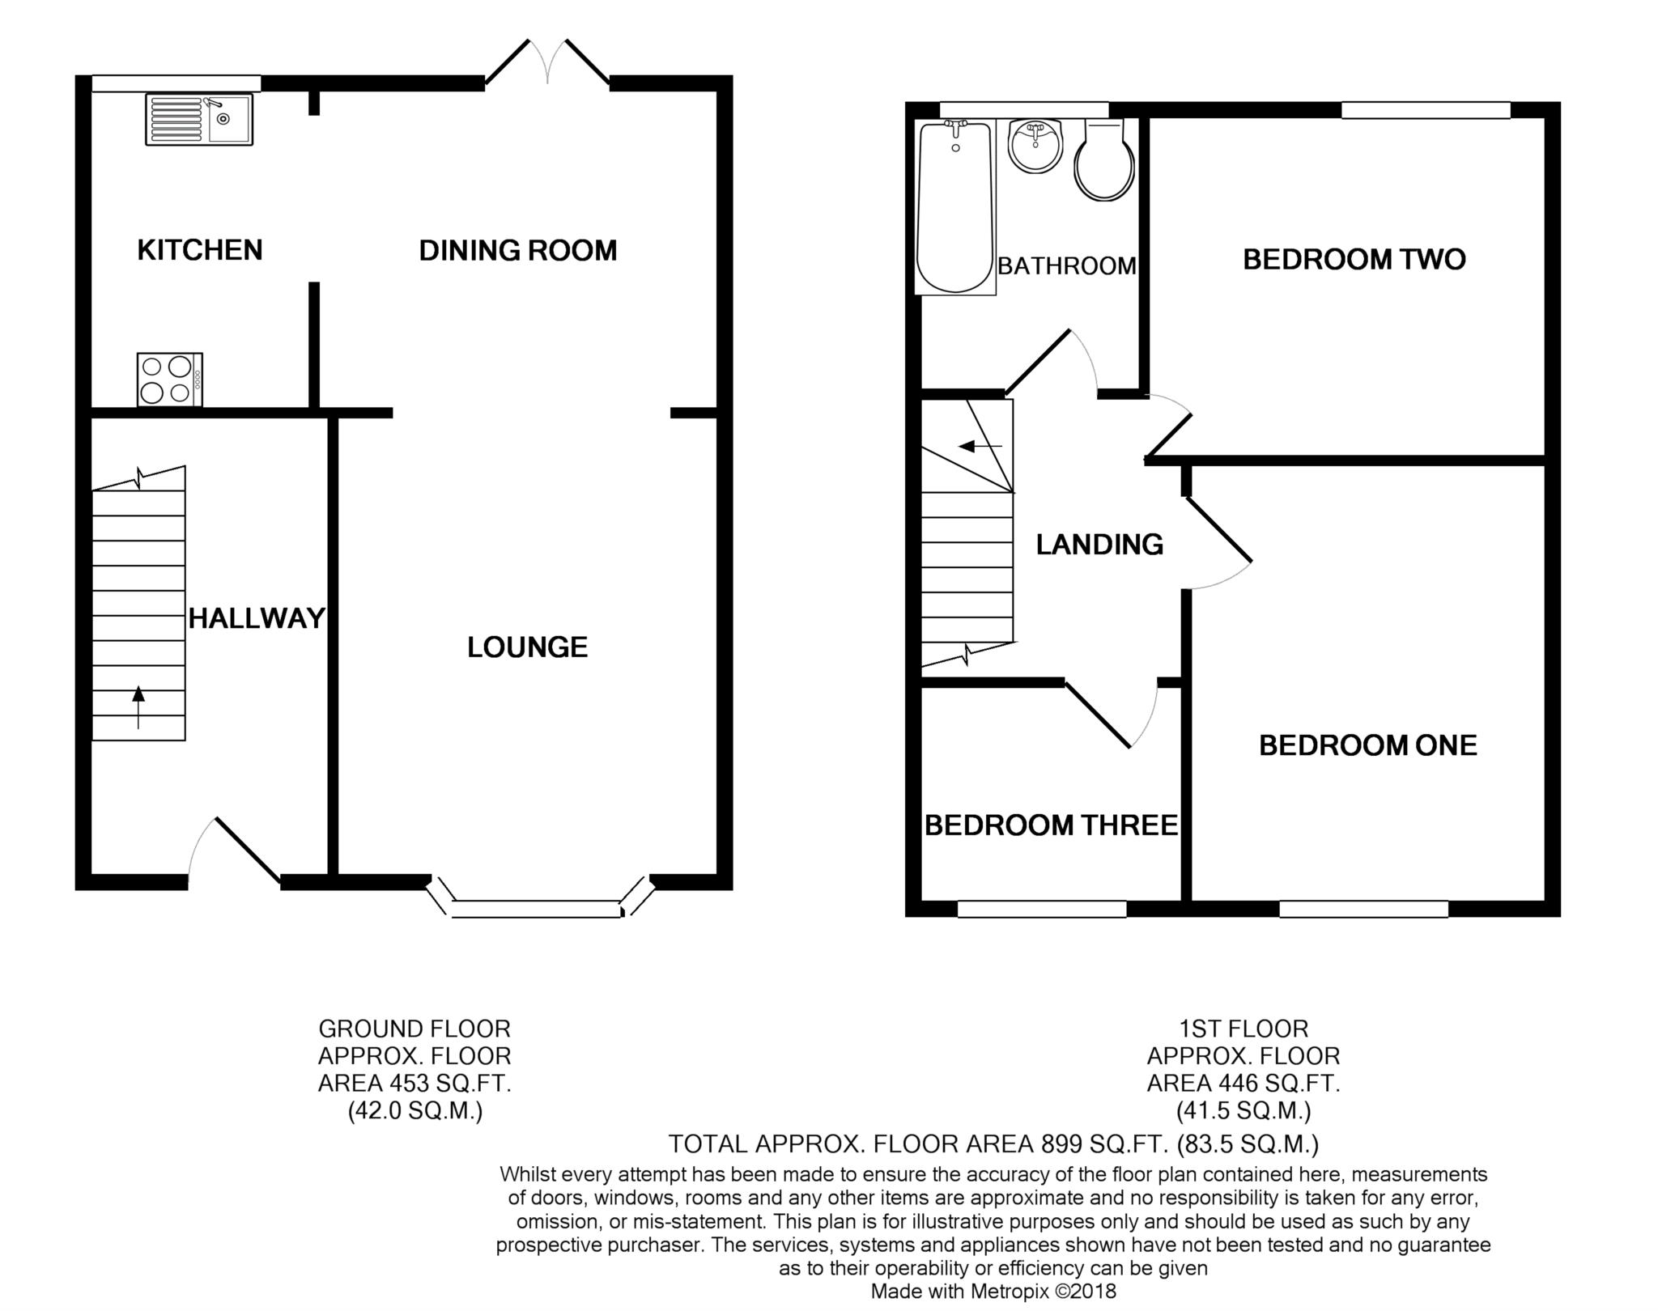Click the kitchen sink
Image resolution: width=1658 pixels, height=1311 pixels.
[x=199, y=119]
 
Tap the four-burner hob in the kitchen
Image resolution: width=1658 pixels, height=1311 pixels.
[x=170, y=380]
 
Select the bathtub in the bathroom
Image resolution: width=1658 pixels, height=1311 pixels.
[x=955, y=207]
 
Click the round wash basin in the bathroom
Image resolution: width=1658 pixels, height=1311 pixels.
[x=1035, y=146]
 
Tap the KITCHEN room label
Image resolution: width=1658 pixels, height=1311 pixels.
[x=200, y=250]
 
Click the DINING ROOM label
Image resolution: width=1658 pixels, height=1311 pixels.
[x=518, y=251]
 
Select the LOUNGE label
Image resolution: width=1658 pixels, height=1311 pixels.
[x=528, y=647]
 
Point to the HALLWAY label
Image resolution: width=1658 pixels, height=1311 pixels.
[x=257, y=619]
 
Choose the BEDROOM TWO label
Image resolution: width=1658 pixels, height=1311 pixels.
[x=1354, y=260]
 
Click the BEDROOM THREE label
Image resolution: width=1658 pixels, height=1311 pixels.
[x=1052, y=825]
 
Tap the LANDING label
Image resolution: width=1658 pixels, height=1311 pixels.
[x=1100, y=545]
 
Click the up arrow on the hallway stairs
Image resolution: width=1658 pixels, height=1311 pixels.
[x=138, y=707]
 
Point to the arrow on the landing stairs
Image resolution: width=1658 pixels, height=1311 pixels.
[x=980, y=446]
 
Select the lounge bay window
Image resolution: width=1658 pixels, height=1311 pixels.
[x=541, y=898]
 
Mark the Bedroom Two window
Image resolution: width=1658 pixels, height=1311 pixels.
[x=1426, y=110]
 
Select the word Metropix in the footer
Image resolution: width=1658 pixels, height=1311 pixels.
[x=1008, y=1292]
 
